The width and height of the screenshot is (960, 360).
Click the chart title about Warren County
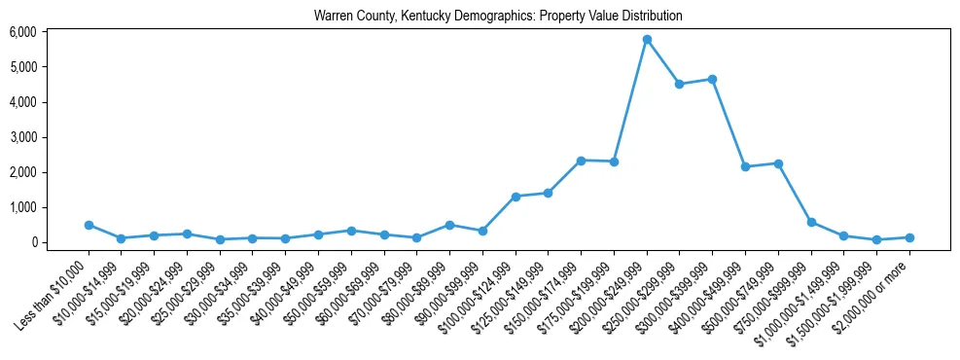(498, 17)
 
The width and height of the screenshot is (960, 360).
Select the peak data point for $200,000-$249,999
(647, 39)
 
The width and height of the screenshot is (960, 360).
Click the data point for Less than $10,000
(89, 225)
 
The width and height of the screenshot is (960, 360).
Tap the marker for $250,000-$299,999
(680, 84)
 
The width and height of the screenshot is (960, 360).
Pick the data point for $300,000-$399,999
(713, 79)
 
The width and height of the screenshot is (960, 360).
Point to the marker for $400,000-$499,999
(745, 166)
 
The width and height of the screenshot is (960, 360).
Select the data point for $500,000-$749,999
(778, 163)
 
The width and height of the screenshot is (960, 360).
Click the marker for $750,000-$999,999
(811, 222)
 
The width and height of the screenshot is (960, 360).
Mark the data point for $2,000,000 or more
(909, 237)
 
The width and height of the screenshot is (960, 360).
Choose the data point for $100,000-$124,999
(516, 197)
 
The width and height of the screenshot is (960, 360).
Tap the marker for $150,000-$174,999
(581, 161)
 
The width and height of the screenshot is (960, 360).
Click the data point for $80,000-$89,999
(449, 225)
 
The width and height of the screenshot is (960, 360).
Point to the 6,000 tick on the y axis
(22, 32)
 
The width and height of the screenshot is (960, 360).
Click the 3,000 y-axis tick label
(22, 137)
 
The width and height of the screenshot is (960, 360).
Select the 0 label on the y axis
(33, 242)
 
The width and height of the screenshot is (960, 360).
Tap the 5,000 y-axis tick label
(22, 67)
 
